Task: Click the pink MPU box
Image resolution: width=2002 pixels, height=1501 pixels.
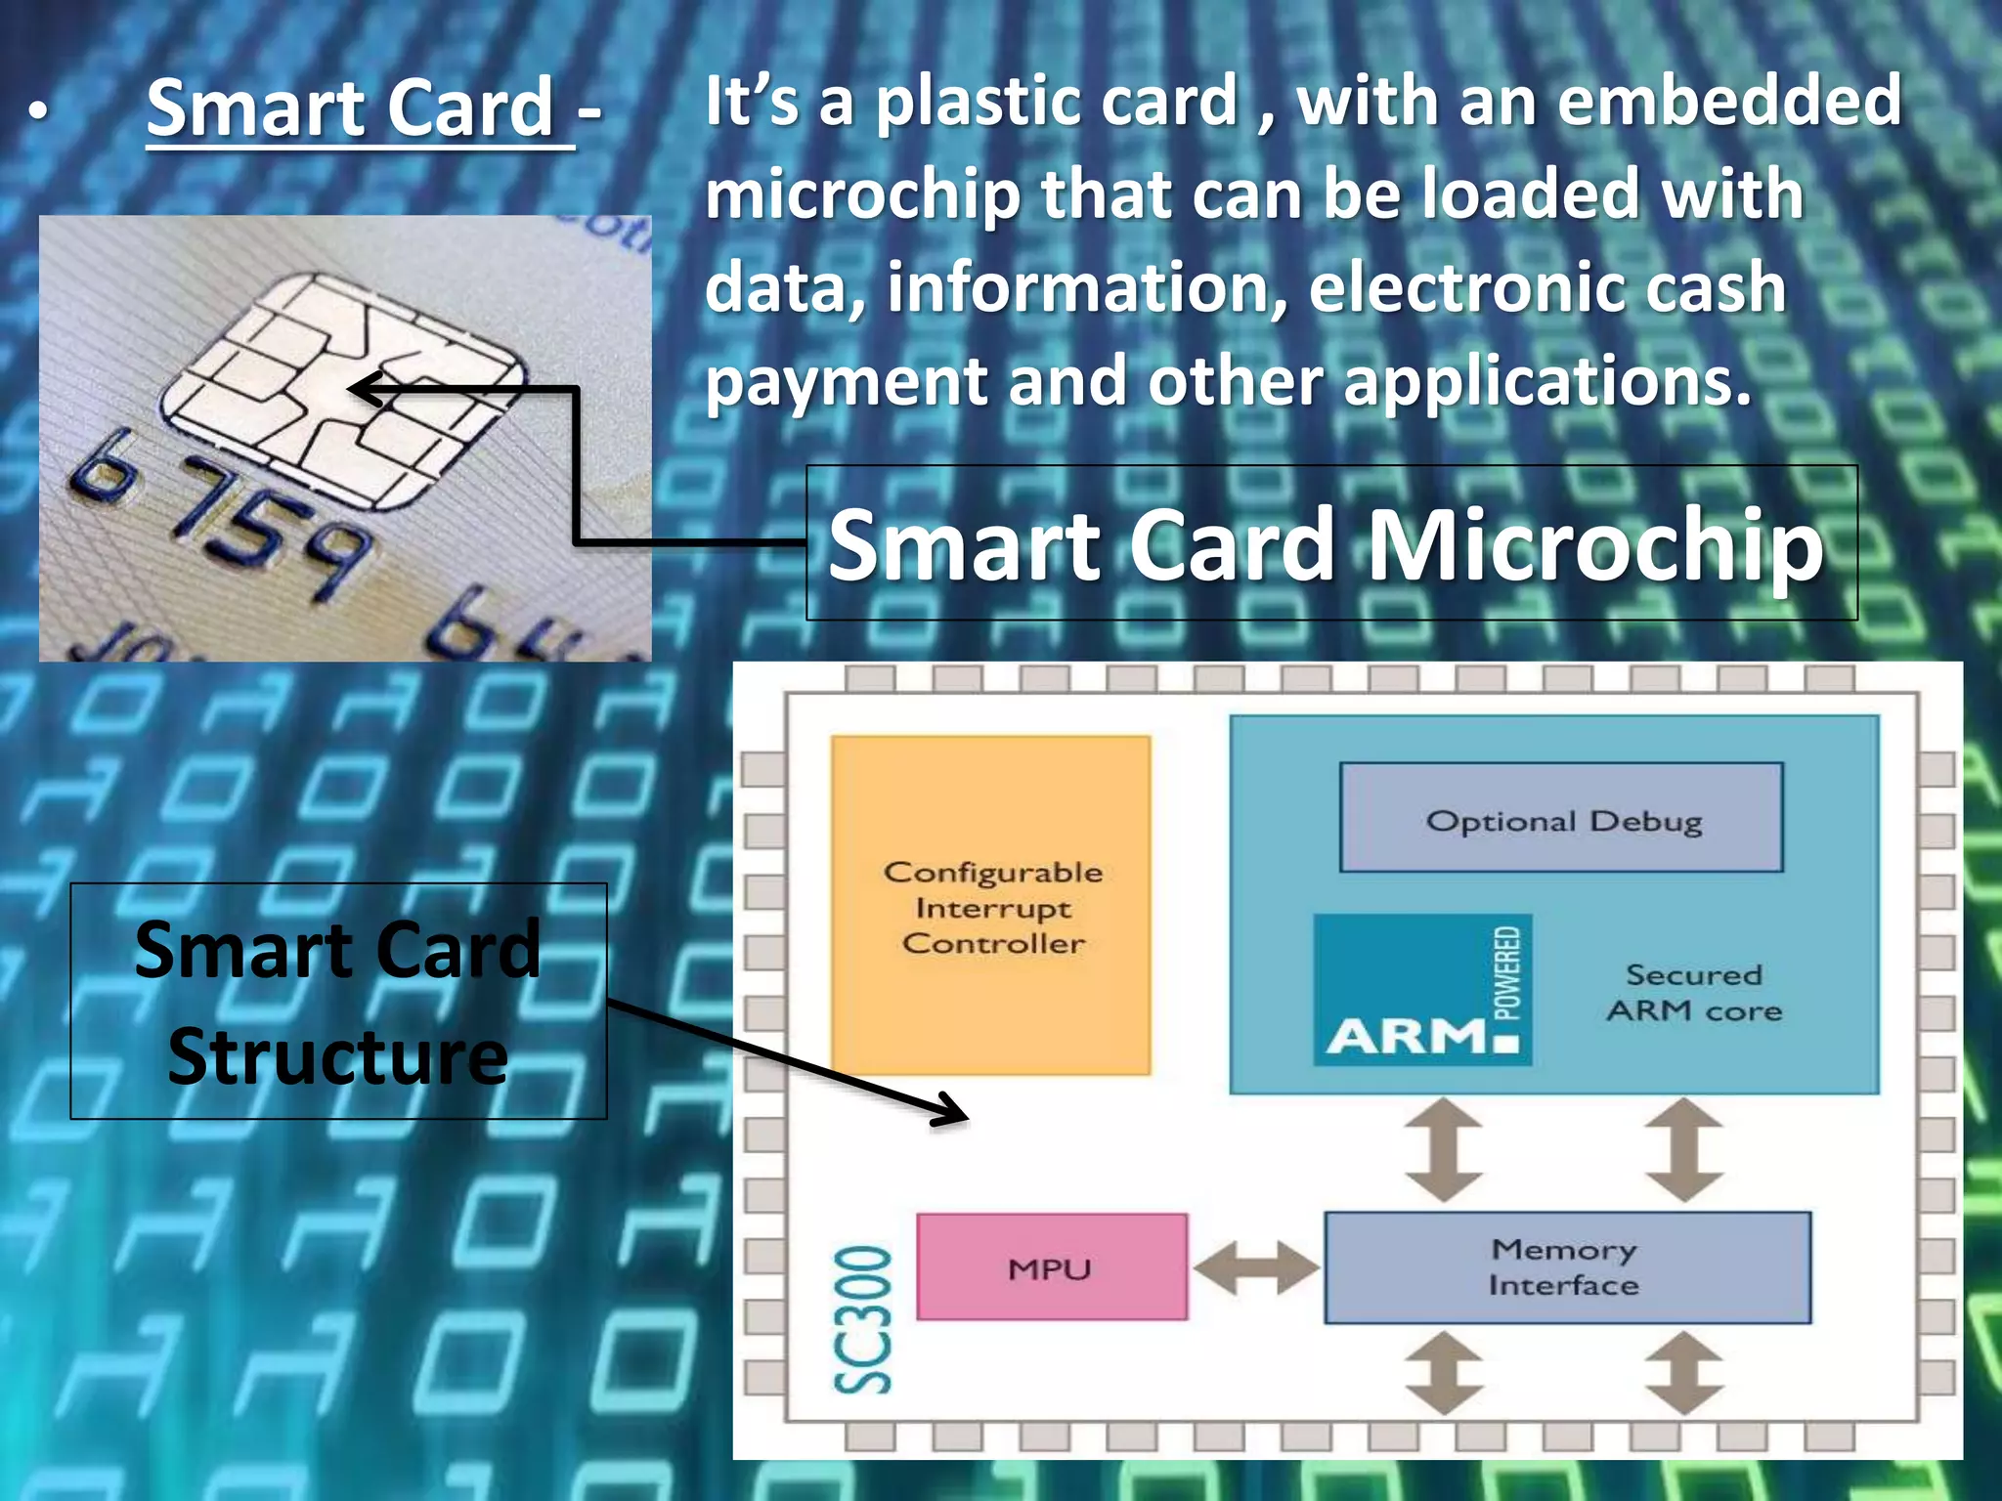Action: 1052,1267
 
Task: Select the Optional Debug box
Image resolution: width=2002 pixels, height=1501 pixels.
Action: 1561,819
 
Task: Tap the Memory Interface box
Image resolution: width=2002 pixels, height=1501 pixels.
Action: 1566,1267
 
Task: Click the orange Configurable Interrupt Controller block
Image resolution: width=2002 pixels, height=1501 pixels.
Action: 990,906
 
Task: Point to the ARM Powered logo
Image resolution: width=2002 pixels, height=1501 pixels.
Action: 1421,990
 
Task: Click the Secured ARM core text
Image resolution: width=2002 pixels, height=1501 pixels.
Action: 1694,992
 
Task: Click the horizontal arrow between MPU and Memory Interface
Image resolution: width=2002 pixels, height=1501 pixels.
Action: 1255,1268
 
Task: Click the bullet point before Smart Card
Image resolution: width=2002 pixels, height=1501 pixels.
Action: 37,113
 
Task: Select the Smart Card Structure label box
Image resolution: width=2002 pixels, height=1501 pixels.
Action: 338,1002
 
